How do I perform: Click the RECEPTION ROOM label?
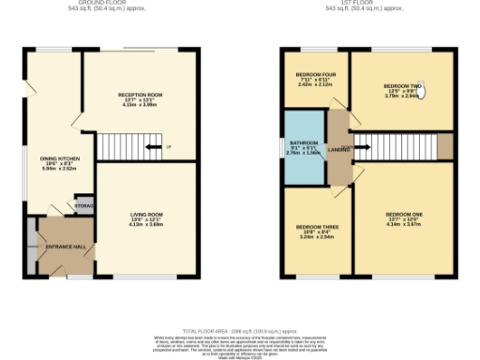(x=141, y=96)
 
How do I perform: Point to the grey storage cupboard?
(x=83, y=205)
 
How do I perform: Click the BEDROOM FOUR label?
(x=316, y=74)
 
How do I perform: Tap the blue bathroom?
(x=303, y=149)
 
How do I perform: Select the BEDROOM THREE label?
(x=316, y=227)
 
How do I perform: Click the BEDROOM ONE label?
(x=404, y=215)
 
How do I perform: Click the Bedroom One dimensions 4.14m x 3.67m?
(x=404, y=224)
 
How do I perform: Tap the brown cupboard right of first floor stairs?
(x=445, y=147)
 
